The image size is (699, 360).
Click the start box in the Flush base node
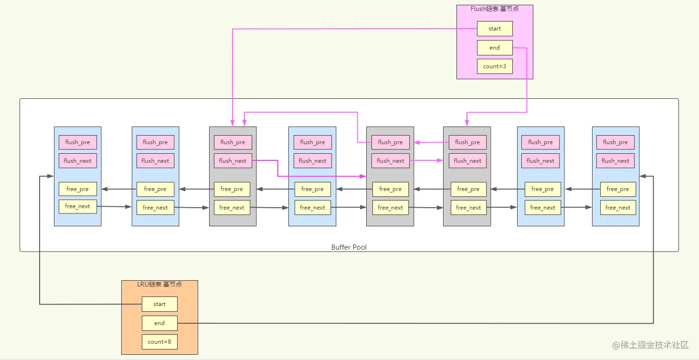495,29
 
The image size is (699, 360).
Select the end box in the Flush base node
495,48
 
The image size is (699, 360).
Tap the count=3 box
495,66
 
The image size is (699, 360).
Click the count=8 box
159,342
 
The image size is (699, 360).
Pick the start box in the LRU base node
159,304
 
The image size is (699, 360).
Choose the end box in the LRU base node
159,323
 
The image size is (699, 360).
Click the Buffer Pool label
349,247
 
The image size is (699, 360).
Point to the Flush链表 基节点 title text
495,9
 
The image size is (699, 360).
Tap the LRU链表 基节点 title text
159,284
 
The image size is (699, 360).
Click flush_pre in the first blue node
78,142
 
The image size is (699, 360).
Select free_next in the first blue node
78,207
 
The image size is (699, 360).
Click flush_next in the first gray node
233,160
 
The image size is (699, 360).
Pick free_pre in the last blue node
618,189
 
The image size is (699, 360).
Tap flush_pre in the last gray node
467,142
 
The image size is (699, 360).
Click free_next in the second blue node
155,207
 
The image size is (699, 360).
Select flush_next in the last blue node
615,160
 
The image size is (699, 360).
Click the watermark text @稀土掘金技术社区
650,345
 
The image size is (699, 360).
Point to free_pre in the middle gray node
391,189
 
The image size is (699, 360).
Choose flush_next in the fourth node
312,160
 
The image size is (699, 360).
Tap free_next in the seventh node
543,207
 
